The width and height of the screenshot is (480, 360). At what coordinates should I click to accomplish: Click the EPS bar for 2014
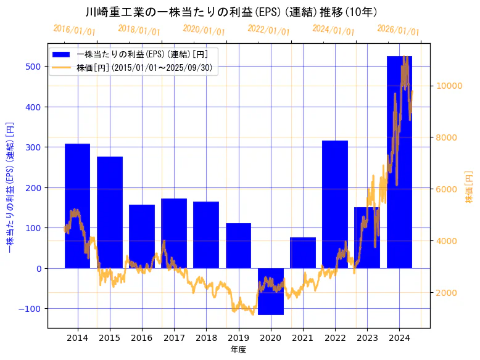click(x=77, y=206)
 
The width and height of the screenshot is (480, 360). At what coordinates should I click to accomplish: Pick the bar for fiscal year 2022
click(x=335, y=204)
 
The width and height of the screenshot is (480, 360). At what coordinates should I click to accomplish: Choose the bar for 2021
click(x=302, y=253)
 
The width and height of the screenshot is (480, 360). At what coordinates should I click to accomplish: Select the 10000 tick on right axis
click(x=449, y=86)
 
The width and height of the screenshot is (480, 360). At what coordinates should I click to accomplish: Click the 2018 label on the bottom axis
click(x=206, y=338)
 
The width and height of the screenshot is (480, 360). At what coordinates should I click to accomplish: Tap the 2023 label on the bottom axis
click(x=367, y=338)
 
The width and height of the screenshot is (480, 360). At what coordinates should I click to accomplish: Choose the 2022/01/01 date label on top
click(x=268, y=30)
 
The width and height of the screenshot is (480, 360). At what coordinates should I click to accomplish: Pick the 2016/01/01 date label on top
click(x=74, y=30)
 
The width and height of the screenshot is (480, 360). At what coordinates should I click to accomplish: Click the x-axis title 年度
click(x=238, y=350)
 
